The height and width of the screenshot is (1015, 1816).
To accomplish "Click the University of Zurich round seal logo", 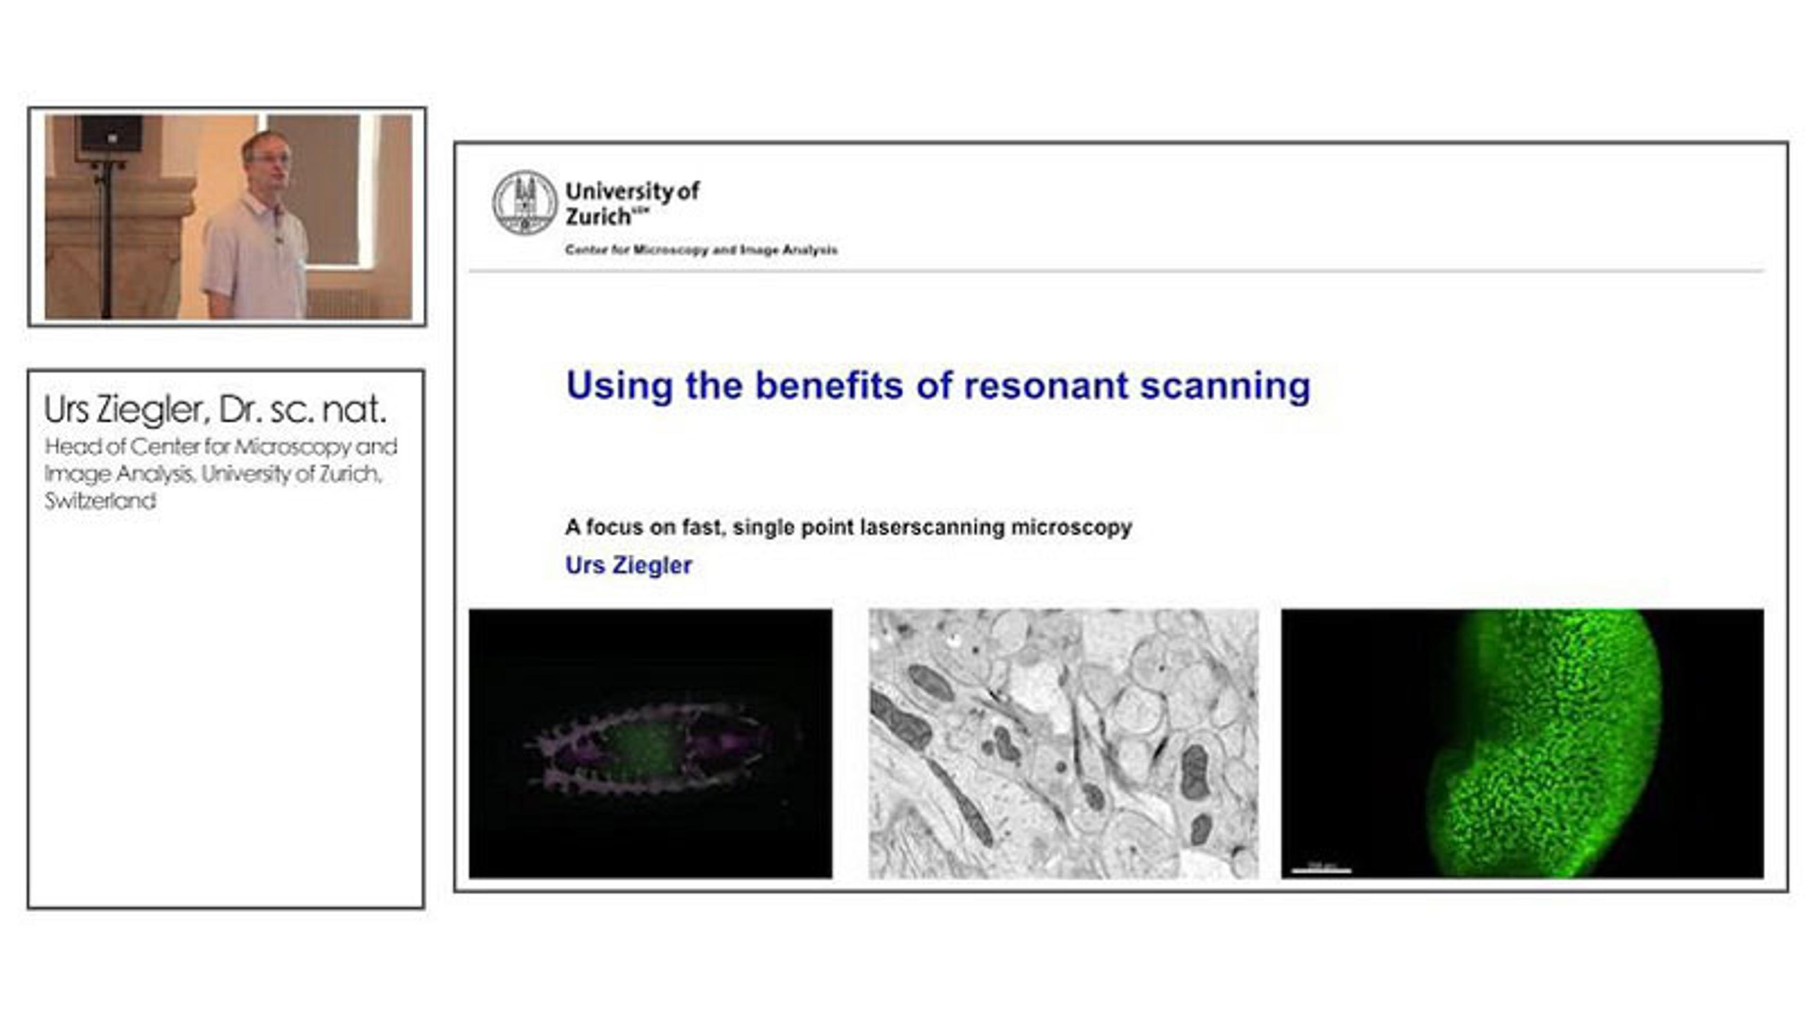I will (524, 203).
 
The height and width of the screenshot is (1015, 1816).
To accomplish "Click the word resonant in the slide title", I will (1046, 386).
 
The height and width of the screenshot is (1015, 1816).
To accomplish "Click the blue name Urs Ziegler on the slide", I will (628, 565).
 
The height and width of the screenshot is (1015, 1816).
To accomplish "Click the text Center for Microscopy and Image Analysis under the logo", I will (701, 250).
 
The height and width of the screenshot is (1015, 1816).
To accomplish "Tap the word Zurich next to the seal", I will (598, 217).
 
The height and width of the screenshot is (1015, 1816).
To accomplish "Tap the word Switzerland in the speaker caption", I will (100, 501).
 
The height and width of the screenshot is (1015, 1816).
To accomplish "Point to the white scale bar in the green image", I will (1320, 870).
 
